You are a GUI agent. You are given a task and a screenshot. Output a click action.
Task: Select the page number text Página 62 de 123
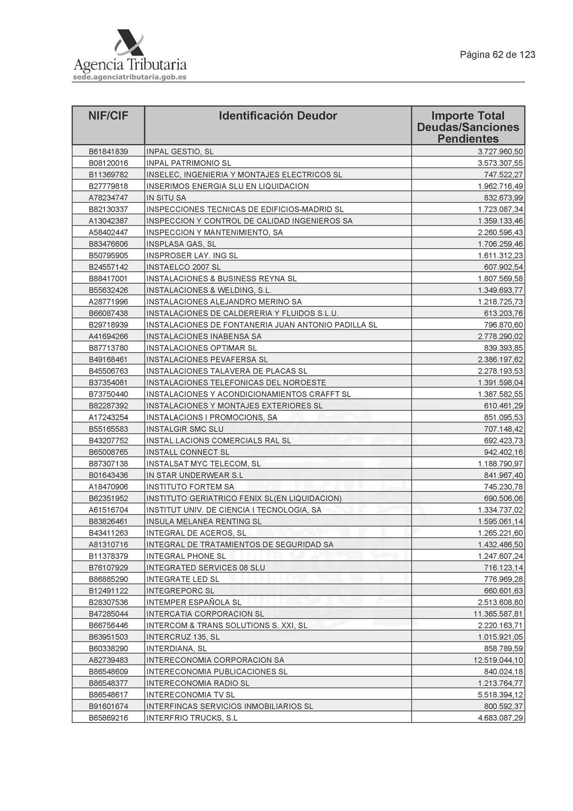(x=497, y=55)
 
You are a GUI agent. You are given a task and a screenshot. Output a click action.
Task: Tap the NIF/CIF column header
(x=108, y=116)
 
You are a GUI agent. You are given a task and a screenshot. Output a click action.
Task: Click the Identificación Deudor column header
(x=278, y=116)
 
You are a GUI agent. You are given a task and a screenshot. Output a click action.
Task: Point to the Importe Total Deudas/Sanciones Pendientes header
(x=468, y=127)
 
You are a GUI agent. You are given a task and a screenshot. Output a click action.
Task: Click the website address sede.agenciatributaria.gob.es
(x=129, y=77)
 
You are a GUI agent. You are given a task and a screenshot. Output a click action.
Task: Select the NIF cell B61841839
(x=108, y=152)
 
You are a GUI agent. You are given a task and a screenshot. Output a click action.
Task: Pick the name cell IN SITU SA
(x=166, y=198)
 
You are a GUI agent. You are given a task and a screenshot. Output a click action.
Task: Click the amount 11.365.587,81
(x=498, y=614)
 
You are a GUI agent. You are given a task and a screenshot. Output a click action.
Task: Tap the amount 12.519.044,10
(x=498, y=660)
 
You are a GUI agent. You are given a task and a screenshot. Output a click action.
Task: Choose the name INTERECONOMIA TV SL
(x=190, y=695)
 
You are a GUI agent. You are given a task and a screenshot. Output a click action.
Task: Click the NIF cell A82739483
(x=108, y=660)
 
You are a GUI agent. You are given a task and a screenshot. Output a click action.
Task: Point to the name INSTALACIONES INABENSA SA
(x=204, y=336)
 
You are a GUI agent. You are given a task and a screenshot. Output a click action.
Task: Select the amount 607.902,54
(x=503, y=267)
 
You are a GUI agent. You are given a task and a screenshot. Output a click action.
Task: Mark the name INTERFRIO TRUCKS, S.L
(x=192, y=718)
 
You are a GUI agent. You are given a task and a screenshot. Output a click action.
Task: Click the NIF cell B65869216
(x=108, y=718)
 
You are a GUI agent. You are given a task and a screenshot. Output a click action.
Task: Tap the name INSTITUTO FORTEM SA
(x=190, y=487)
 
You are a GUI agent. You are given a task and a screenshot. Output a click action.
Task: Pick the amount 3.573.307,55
(x=500, y=163)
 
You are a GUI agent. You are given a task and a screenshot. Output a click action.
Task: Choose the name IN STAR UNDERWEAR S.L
(x=195, y=475)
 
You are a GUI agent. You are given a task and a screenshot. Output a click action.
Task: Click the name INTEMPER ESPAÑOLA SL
(x=194, y=602)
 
